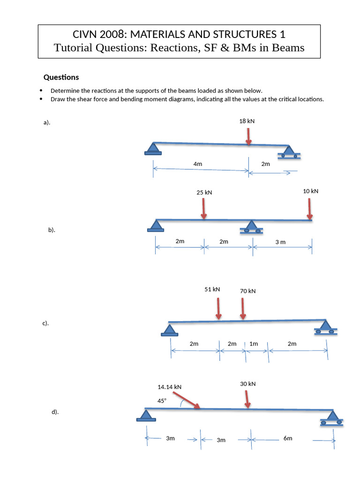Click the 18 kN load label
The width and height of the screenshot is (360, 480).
point(247,121)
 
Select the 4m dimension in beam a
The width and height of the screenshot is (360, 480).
point(197,164)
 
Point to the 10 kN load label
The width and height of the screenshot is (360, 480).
point(310,191)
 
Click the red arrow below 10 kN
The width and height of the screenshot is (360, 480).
point(309,208)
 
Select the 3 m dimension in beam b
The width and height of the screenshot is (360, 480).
point(280,241)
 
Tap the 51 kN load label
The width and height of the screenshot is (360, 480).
point(212,289)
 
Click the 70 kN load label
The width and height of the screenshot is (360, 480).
point(247,291)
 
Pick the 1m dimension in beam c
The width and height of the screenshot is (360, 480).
point(254,344)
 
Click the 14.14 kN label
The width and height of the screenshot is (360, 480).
point(169,387)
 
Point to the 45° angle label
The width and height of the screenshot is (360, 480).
point(162,401)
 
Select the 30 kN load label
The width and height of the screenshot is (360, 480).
point(248,384)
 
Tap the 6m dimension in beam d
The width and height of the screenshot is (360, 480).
point(288,438)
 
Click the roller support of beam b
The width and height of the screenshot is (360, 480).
point(252,227)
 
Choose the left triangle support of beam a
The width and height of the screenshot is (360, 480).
point(151,149)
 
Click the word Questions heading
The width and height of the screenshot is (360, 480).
point(61,77)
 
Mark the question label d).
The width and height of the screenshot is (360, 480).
point(55,412)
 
